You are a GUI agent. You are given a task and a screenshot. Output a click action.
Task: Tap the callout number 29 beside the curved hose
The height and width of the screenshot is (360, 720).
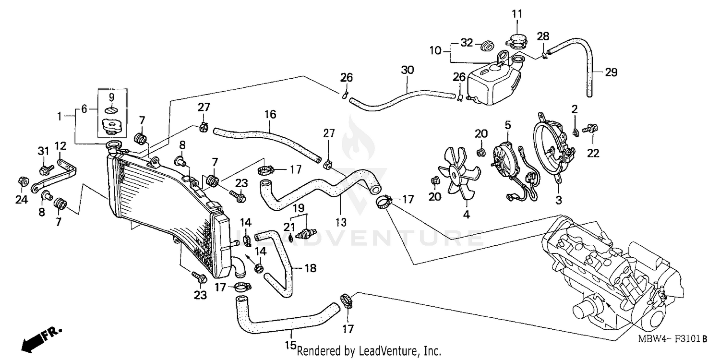tap(611, 72)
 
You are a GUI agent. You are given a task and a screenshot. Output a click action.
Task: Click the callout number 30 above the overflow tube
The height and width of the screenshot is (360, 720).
tap(407, 70)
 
